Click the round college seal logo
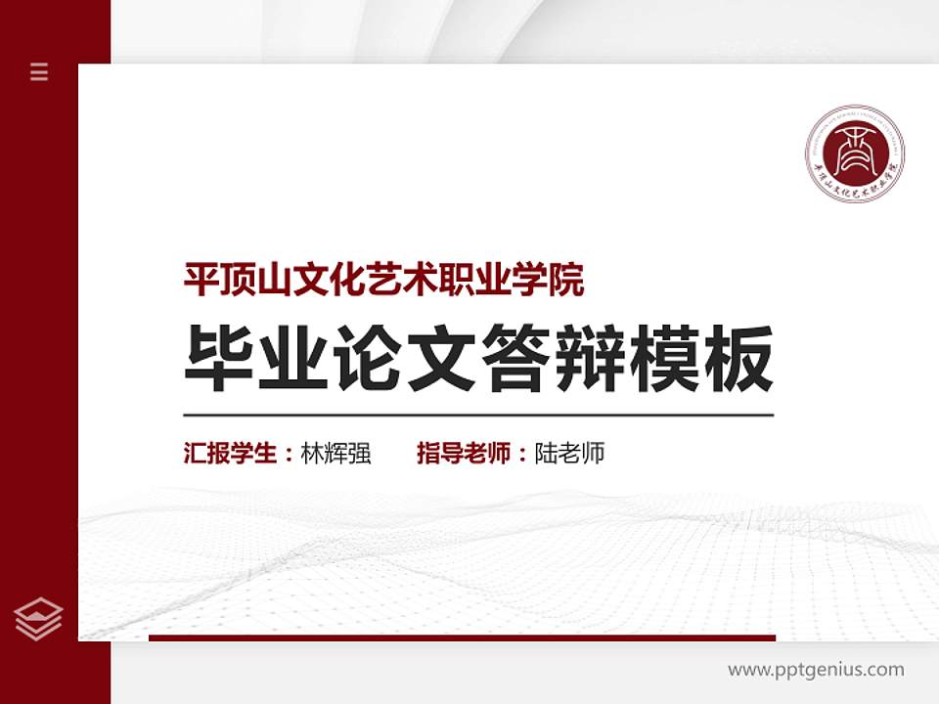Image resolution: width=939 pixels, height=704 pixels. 855,154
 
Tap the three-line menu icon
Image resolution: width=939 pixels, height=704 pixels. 39,71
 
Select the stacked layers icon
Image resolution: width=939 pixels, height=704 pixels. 39,618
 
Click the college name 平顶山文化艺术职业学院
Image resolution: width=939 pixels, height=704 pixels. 384,281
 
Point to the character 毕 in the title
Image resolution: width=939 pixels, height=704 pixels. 215,359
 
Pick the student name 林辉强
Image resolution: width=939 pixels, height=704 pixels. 335,454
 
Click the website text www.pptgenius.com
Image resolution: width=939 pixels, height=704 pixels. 816,670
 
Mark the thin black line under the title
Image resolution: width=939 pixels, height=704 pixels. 478,415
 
